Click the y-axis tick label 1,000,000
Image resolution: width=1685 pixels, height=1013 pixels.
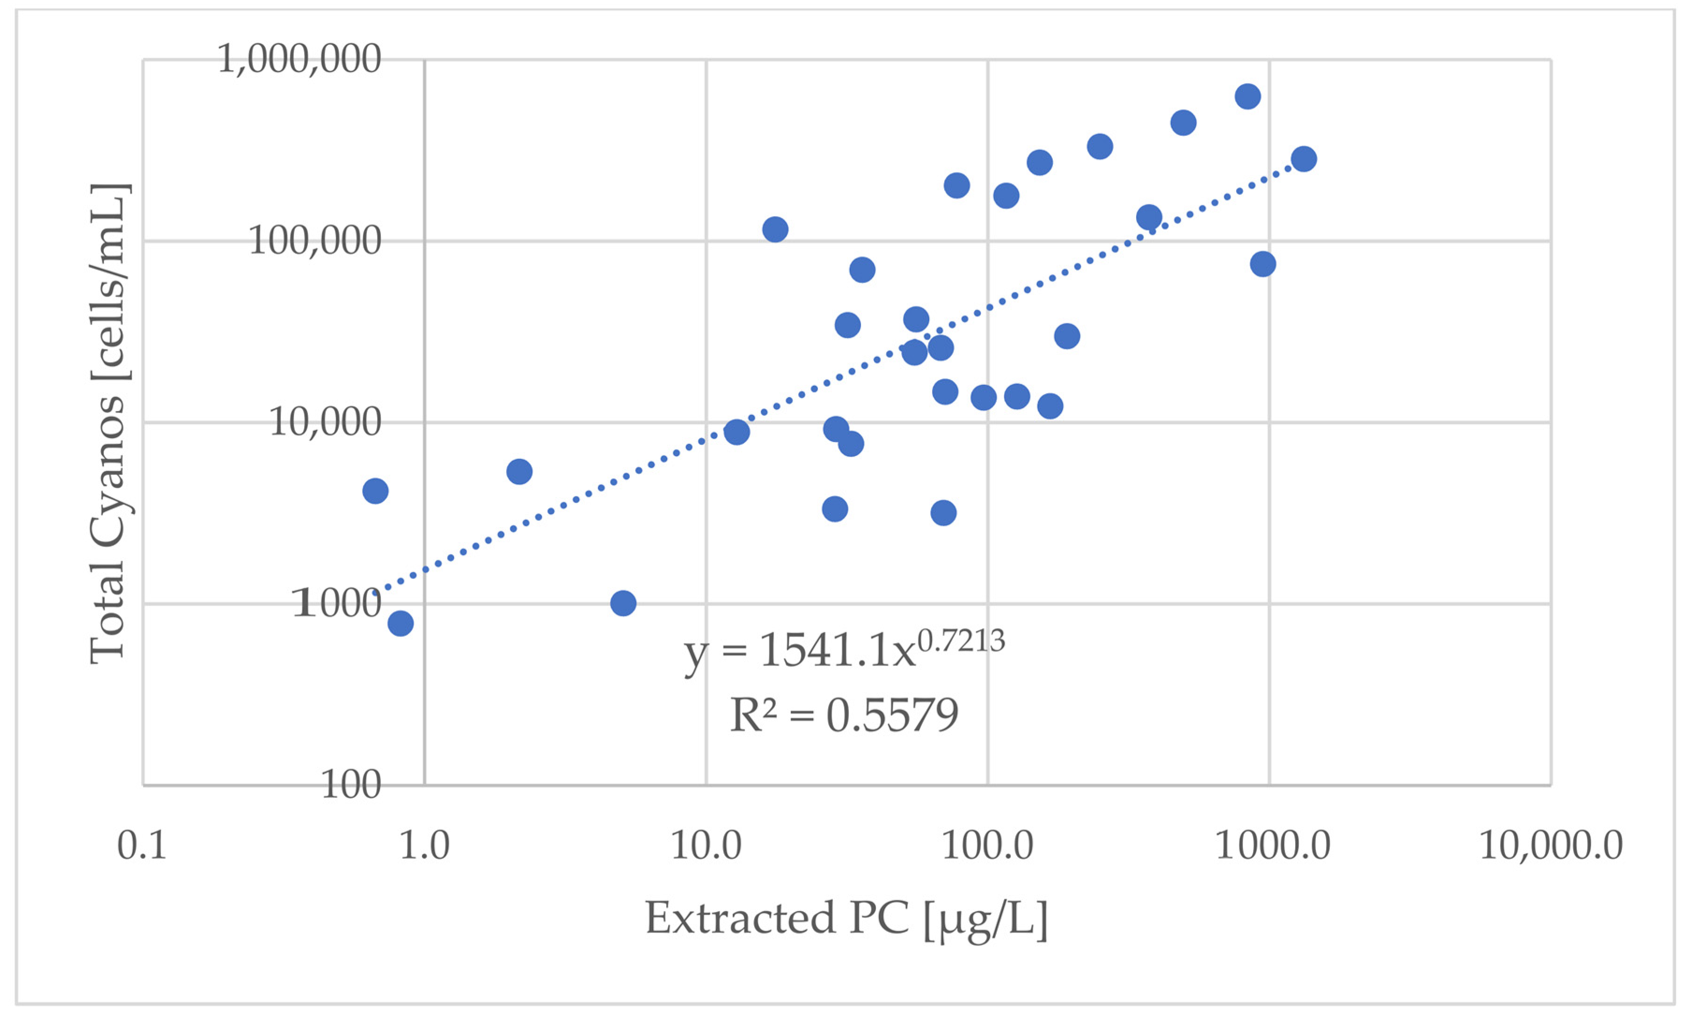click(299, 59)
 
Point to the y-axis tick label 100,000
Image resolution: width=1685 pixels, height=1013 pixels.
click(314, 241)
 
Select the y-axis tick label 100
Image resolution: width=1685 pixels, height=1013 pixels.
click(350, 786)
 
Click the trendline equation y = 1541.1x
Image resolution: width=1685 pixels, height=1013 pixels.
click(799, 651)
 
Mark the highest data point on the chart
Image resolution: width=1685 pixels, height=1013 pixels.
click(1247, 96)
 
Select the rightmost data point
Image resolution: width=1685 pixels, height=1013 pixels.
click(1303, 159)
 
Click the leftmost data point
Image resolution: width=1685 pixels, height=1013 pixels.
click(375, 491)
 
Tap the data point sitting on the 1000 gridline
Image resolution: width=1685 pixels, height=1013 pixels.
click(623, 603)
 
